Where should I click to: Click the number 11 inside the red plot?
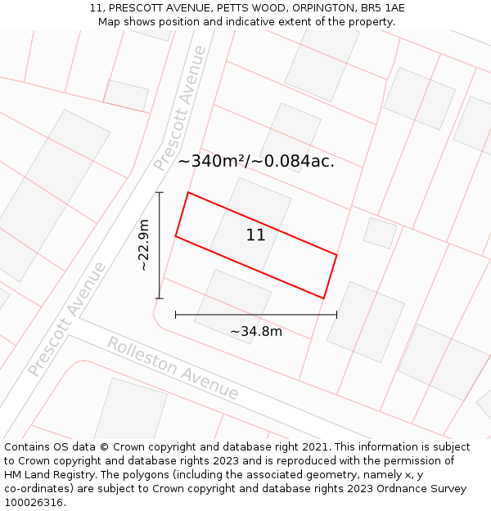click(x=255, y=235)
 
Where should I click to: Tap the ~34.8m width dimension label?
click(x=255, y=331)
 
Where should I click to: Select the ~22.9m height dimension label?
click(x=144, y=245)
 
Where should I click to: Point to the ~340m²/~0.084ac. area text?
click(x=256, y=161)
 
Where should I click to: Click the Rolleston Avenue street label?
click(x=173, y=368)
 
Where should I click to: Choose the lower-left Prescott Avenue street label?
click(x=67, y=319)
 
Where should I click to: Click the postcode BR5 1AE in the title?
click(x=382, y=8)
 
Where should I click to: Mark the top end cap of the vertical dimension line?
click(x=160, y=193)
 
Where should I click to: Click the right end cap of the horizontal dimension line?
click(x=336, y=314)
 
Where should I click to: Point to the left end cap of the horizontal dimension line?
click(x=176, y=314)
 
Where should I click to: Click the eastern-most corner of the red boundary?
click(x=336, y=255)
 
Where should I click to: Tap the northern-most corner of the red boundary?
click(x=189, y=193)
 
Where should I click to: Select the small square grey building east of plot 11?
click(x=380, y=233)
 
